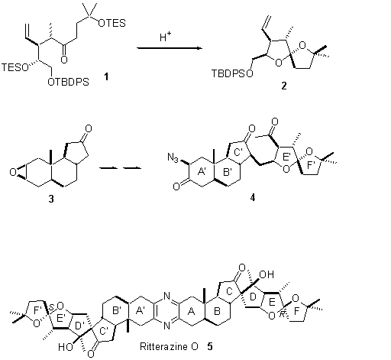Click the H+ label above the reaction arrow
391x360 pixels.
(x=165, y=37)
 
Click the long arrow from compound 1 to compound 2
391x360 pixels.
(x=170, y=48)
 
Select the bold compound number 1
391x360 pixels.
(x=106, y=76)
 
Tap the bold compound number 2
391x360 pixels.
(x=284, y=86)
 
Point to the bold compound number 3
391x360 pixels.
(x=51, y=199)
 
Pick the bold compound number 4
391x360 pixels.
(x=252, y=197)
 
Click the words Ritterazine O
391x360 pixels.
(x=169, y=346)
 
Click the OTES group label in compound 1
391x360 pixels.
(x=111, y=23)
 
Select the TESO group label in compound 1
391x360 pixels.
(x=15, y=67)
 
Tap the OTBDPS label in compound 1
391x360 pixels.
(x=68, y=82)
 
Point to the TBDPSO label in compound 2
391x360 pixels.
(x=233, y=73)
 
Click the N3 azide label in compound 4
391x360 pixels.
(x=173, y=157)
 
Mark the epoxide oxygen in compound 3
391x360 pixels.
(x=13, y=172)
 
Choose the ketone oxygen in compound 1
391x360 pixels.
(x=64, y=60)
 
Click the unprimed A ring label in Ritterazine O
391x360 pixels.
(x=191, y=311)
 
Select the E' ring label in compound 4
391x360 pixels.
(x=286, y=157)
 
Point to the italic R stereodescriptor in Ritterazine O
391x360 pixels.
(x=282, y=314)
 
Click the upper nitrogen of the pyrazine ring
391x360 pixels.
(x=166, y=296)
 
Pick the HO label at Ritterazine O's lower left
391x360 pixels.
(x=66, y=347)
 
